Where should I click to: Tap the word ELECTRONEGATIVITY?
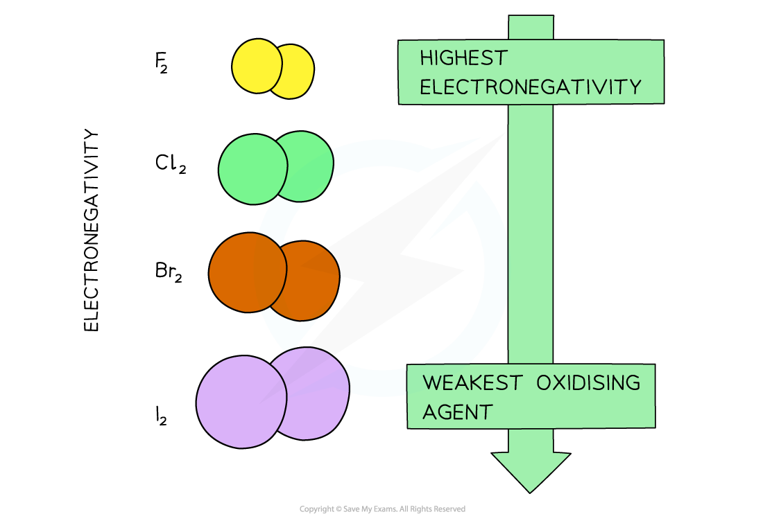point(531,87)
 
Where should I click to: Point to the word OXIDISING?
point(588,383)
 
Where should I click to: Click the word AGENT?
point(457,412)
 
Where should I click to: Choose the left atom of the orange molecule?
point(246,273)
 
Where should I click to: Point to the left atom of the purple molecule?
point(240,402)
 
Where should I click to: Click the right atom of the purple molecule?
point(316,391)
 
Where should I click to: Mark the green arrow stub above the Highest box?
point(531,28)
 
